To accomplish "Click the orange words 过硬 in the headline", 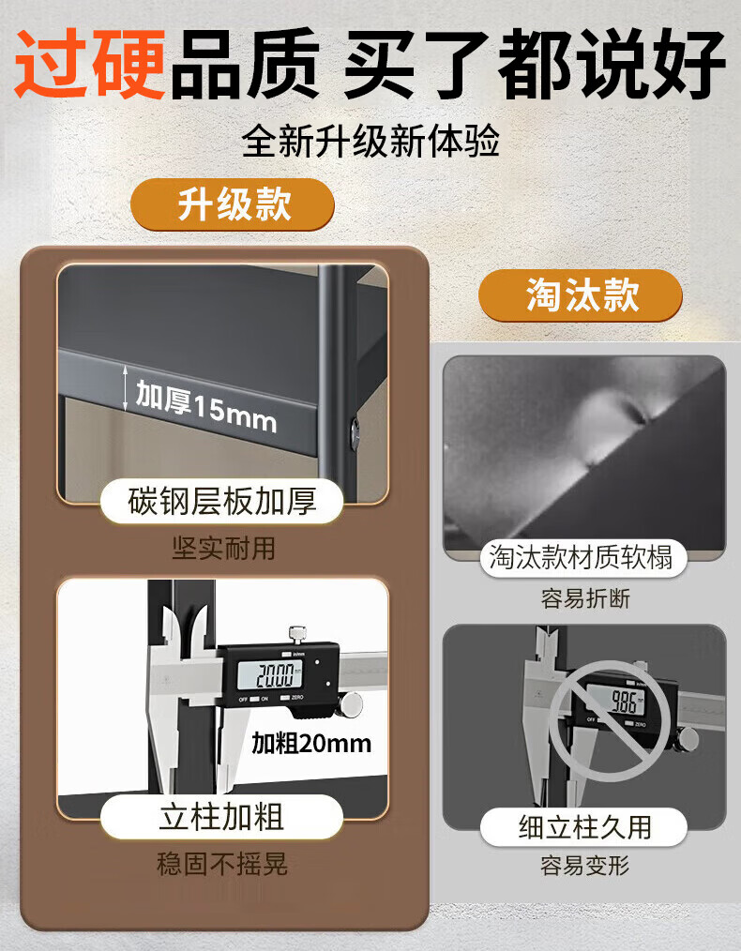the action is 91,64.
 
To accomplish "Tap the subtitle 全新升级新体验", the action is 370,142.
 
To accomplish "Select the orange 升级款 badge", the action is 233,204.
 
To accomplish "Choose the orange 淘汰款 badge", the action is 581,295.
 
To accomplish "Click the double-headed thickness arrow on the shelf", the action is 126,388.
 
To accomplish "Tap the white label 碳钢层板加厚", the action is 222,502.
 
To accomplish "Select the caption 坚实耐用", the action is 223,548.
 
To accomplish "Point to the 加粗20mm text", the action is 311,743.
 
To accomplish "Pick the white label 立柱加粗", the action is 222,816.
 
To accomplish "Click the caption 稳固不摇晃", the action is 222,864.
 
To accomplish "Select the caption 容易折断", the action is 585,598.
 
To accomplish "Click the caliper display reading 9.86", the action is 623,702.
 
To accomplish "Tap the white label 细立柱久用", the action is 584,826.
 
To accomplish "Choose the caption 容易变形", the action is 585,866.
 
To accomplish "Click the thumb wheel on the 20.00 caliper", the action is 352,703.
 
